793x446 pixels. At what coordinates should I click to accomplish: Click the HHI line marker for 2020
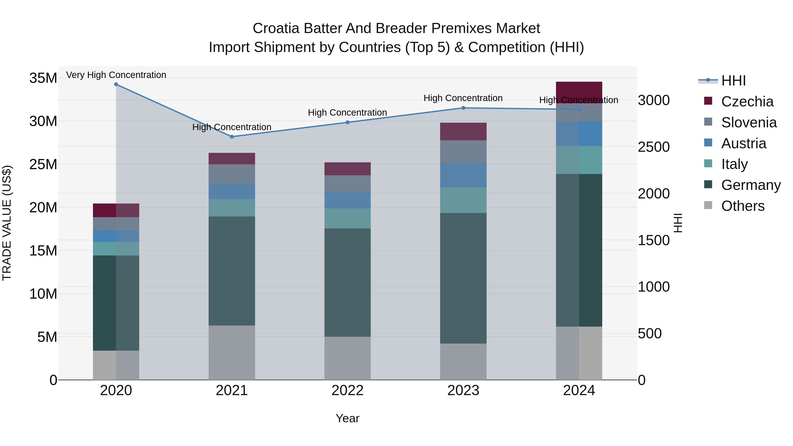point(116,84)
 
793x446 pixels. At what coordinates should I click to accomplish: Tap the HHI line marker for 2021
point(232,137)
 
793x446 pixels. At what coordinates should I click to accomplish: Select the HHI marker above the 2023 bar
point(463,108)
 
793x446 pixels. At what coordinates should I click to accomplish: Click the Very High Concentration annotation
point(116,75)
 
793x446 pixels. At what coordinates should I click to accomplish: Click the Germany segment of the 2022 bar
point(348,282)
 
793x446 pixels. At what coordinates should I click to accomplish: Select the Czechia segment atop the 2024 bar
point(579,92)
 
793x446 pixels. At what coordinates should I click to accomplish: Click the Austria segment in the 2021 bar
point(232,191)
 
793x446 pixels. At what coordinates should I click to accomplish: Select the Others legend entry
point(743,206)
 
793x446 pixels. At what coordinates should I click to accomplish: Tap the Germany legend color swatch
point(708,184)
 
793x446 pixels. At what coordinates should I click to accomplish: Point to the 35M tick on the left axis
point(43,78)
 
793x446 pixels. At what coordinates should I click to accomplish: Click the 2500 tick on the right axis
point(654,147)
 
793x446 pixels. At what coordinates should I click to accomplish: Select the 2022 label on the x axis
point(348,390)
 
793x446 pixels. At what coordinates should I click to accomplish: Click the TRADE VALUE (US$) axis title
point(7,223)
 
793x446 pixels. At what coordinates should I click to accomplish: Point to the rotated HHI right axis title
point(678,223)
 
